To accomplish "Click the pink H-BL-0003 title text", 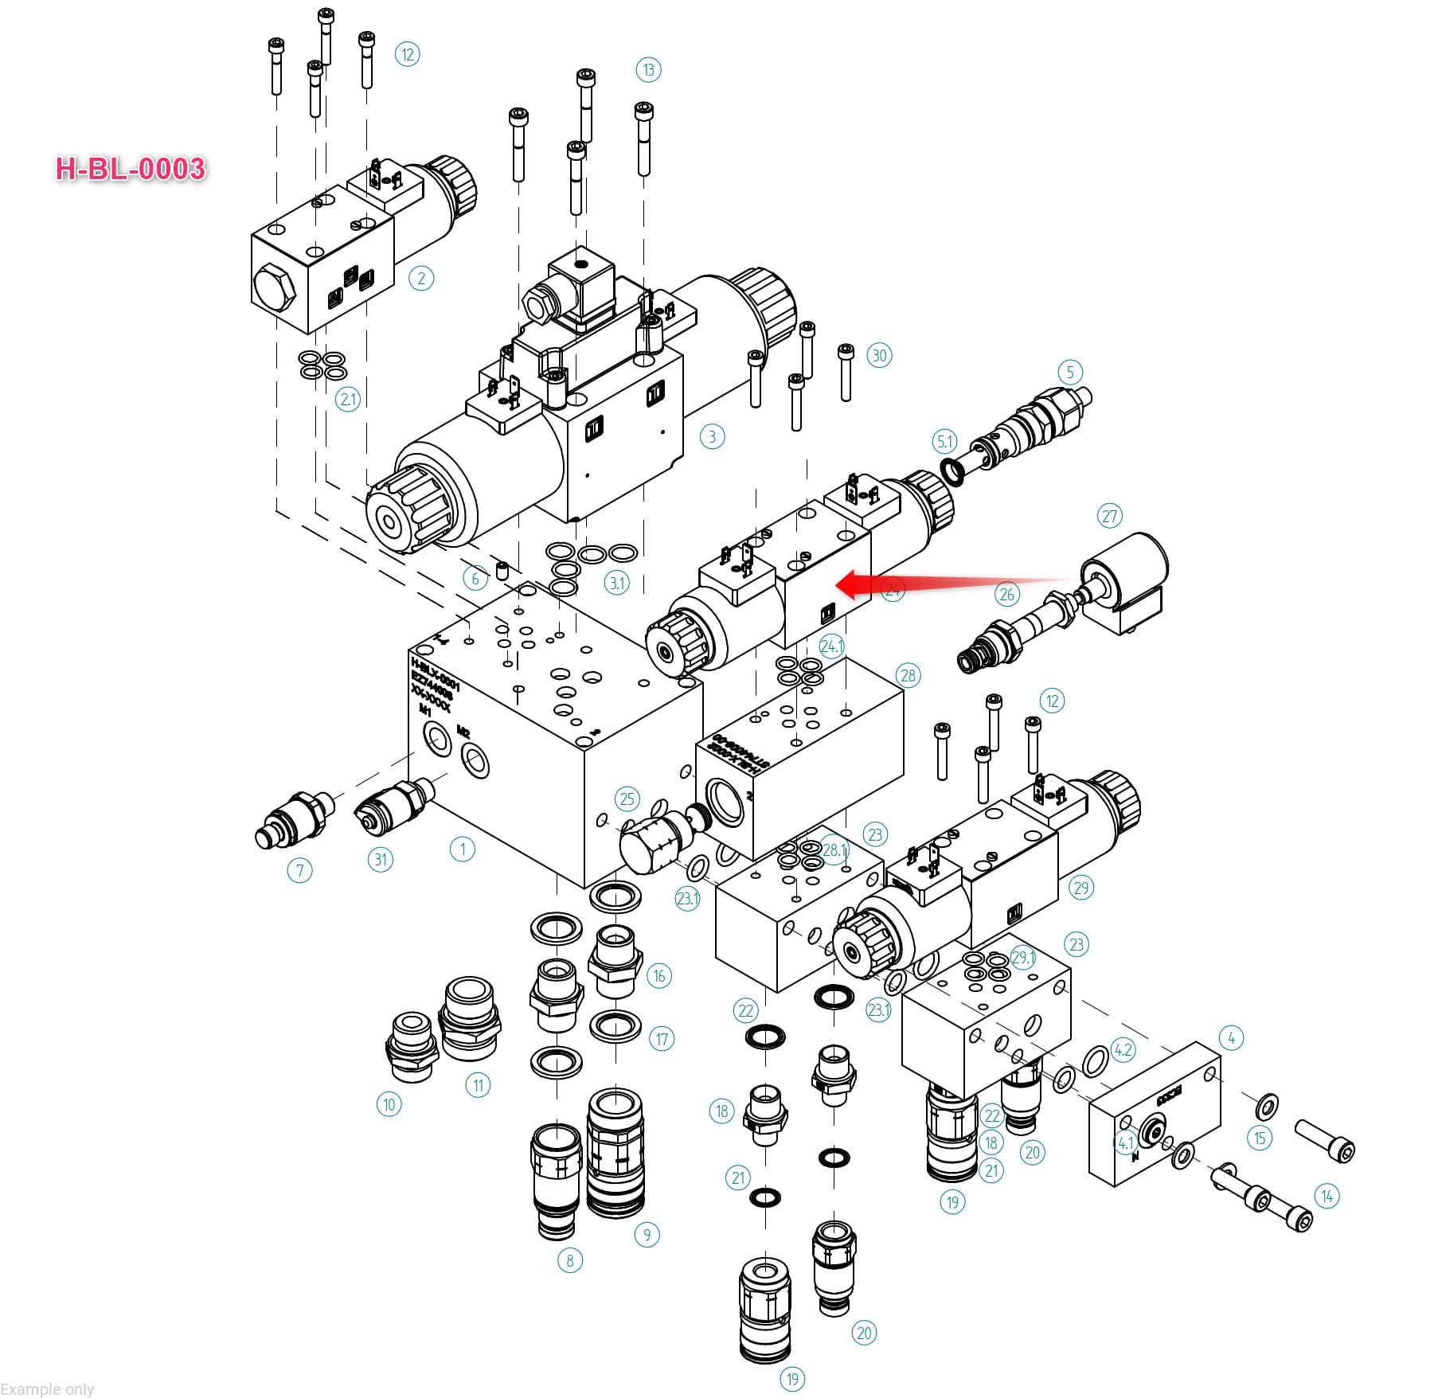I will pos(131,169).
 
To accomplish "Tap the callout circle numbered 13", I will pos(648,70).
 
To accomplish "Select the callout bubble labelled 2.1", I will pos(348,398).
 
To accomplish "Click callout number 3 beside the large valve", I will pos(712,436).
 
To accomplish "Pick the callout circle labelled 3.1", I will pos(617,582).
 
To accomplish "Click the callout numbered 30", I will pos(879,355).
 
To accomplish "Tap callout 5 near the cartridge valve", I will pos(1070,372).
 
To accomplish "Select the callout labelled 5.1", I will pos(944,441).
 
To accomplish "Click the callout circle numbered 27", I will pos(1110,516).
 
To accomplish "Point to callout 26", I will pos(1007,594).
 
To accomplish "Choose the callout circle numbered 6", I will pos(475,578).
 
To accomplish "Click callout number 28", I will pos(908,676).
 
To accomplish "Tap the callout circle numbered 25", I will pos(627,799).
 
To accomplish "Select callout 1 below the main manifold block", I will pos(463,849).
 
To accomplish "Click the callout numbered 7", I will pos(299,870).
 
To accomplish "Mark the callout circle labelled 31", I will pos(381,859).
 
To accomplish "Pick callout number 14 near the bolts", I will pos(1327,1196).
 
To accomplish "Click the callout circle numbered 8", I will pos(569,1260).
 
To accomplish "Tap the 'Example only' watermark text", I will pos(48,1389).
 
